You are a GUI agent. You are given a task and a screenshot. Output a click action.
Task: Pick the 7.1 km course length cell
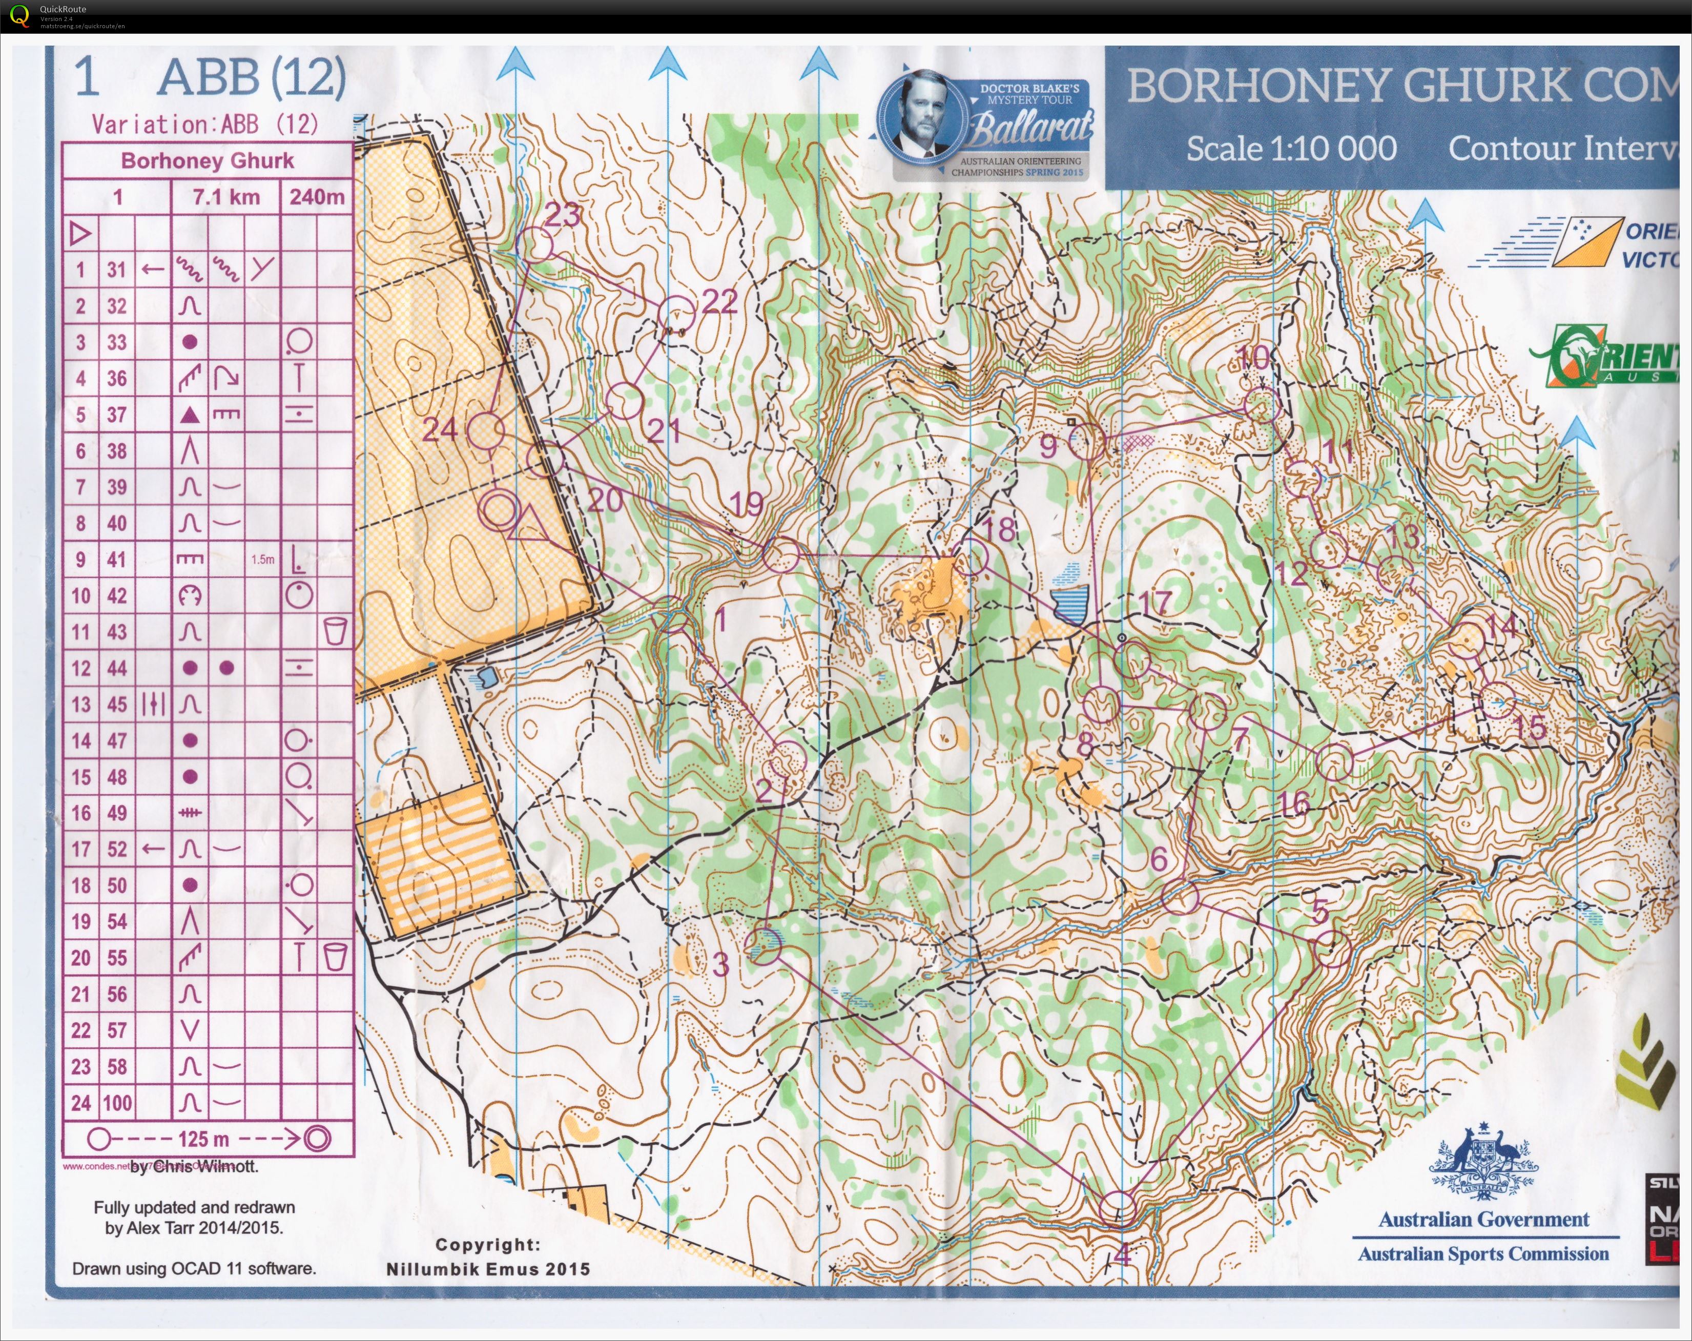coord(226,196)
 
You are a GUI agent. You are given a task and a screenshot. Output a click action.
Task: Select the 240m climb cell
coord(316,196)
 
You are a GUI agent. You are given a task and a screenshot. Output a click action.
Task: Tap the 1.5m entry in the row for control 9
coord(263,560)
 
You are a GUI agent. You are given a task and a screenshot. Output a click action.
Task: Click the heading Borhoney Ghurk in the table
coord(207,161)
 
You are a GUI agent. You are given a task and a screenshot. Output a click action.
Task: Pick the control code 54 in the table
coord(117,921)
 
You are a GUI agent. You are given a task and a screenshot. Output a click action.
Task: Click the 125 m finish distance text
coord(203,1139)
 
